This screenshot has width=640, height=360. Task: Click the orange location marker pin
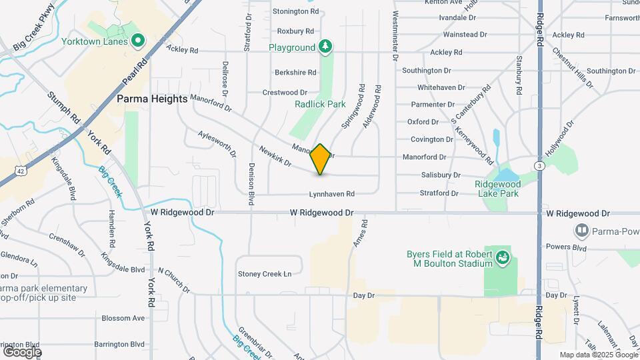coord(321,159)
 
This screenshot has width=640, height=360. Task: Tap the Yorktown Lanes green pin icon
coord(138,41)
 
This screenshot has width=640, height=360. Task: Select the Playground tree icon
coord(325,47)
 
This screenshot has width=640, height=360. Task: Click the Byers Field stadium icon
coord(503,256)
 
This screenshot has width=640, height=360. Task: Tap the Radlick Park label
coord(320,104)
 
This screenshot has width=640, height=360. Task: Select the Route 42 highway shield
coord(23,171)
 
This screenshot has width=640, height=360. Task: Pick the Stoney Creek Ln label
coord(265,274)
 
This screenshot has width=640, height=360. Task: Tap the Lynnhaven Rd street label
coord(331,194)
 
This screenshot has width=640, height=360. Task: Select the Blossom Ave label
coord(123,318)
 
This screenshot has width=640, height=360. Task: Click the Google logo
coord(22,351)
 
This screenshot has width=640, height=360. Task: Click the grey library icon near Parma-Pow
coord(582,231)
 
